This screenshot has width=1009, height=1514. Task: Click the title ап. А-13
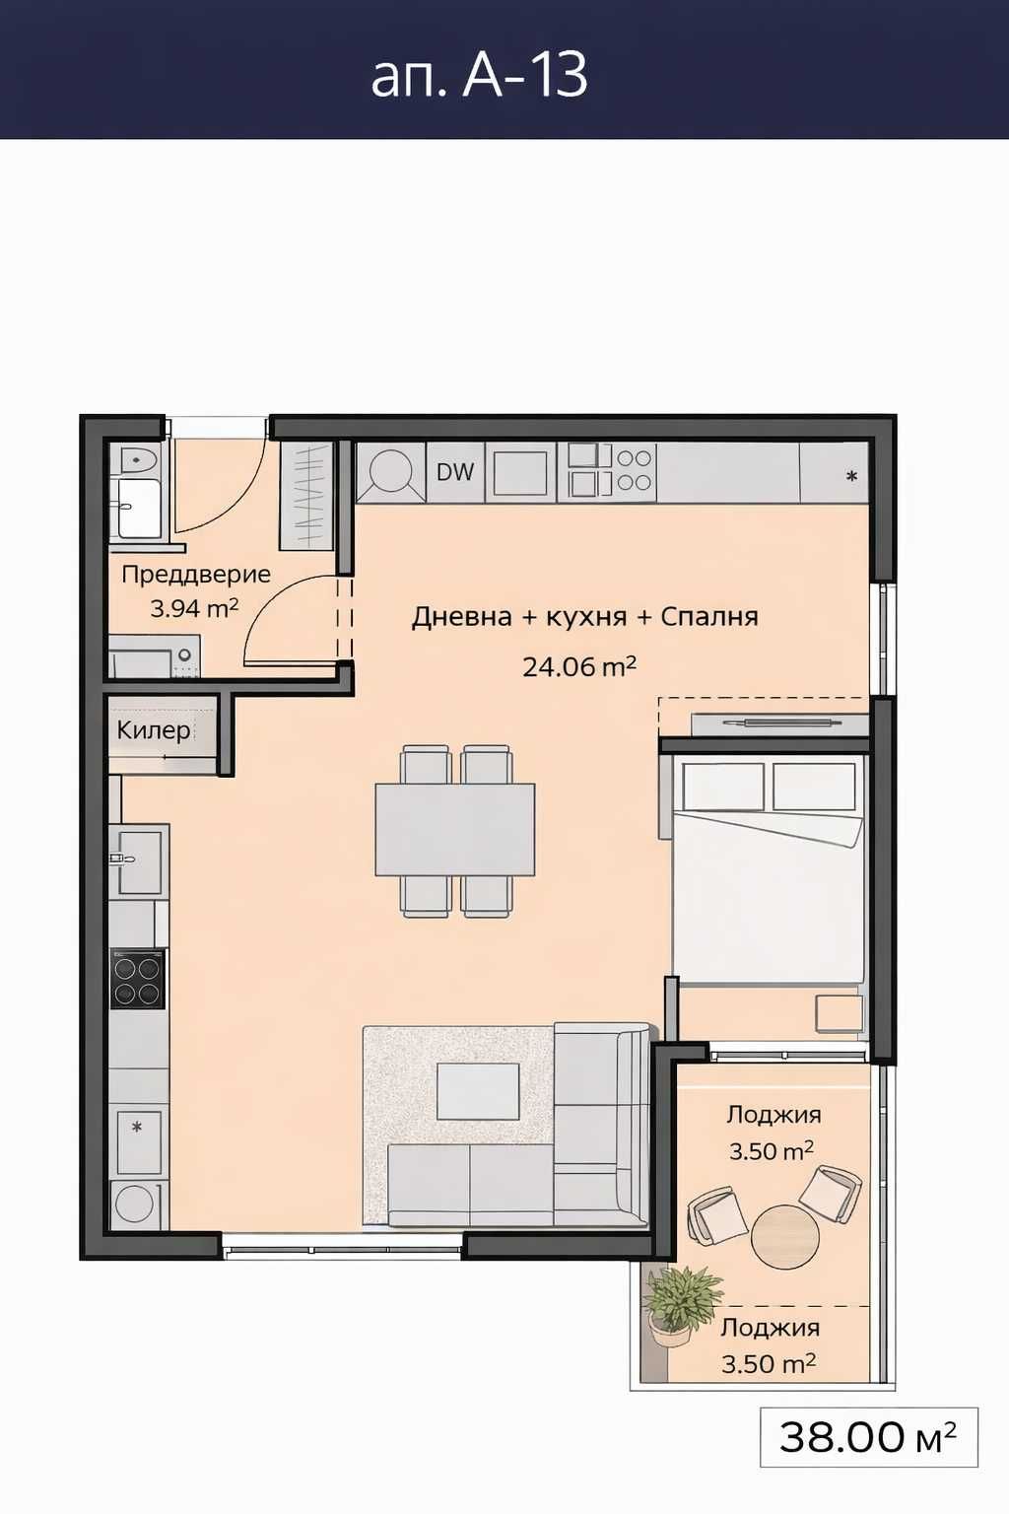point(480,74)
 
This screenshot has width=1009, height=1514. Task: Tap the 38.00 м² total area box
point(868,1437)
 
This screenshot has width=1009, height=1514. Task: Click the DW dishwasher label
point(454,472)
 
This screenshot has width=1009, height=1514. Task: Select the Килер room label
point(153,730)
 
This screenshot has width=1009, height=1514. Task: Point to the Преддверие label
point(195,575)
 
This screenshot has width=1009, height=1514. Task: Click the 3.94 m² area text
point(194,608)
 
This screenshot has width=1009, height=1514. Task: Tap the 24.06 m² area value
point(579,667)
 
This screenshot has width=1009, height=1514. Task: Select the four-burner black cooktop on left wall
point(137,979)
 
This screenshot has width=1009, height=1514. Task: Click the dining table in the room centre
point(454,829)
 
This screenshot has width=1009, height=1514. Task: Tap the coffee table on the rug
point(478,1091)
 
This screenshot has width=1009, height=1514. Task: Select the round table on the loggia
point(784,1236)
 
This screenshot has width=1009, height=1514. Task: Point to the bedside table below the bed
point(839,1013)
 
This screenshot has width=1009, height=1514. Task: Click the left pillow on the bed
point(723,787)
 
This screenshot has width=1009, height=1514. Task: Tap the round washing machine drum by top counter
point(391,471)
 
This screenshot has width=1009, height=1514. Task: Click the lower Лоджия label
point(770,1328)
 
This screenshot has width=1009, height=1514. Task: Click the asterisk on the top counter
point(851,476)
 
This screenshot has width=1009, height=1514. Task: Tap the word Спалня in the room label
point(708,617)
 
